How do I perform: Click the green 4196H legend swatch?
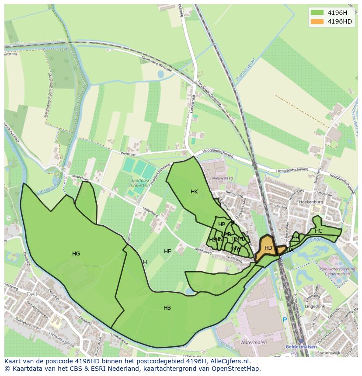click(317, 12)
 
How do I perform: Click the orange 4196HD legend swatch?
click(317, 21)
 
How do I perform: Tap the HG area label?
click(76, 253)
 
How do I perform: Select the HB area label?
click(167, 308)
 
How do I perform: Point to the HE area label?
click(167, 252)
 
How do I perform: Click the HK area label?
click(194, 192)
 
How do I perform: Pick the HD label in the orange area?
click(268, 248)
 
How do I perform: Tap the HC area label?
click(318, 231)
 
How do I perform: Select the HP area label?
click(222, 224)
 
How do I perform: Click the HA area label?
click(290, 250)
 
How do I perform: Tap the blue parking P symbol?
click(285, 320)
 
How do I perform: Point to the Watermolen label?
click(254, 343)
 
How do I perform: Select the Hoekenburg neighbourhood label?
click(311, 203)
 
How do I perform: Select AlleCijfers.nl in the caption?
click(229, 361)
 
